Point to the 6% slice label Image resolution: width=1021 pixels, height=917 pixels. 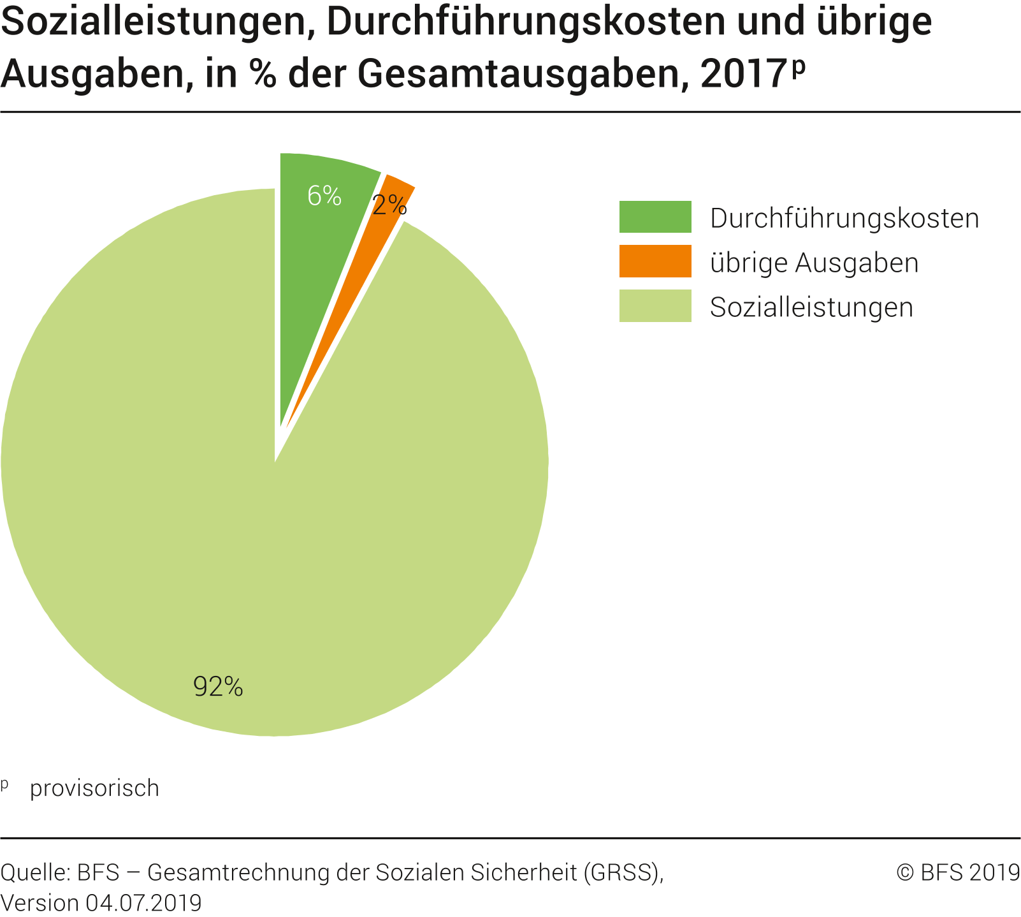point(324,196)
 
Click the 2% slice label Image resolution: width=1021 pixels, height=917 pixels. point(389,205)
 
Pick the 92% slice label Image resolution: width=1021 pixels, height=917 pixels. point(218,687)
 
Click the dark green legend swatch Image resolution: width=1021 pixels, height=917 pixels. point(655,217)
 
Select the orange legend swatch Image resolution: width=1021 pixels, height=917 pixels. point(655,261)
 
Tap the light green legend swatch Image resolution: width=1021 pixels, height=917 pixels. point(655,306)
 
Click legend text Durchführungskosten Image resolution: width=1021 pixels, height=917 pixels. point(844,219)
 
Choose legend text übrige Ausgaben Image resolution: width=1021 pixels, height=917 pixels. point(815,263)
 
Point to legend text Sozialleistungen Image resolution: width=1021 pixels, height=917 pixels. point(811,307)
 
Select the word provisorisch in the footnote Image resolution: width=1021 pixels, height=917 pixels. point(94,789)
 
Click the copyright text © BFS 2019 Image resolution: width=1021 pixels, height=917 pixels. point(958,872)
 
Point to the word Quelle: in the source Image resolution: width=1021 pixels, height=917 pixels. point(35,872)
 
